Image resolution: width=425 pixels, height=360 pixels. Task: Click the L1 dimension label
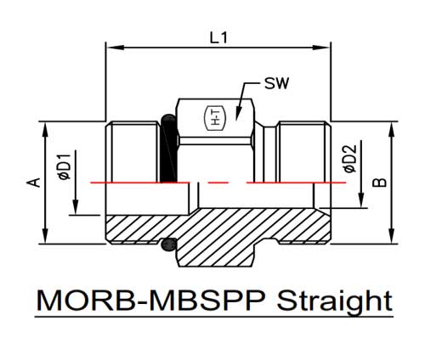click(218, 37)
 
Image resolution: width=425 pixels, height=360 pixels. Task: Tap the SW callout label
click(276, 83)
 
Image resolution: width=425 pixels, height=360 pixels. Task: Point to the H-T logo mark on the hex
click(216, 118)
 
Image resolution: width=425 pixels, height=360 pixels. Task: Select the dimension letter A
click(34, 183)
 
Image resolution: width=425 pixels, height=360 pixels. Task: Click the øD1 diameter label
click(64, 167)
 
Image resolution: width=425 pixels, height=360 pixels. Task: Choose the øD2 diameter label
click(350, 159)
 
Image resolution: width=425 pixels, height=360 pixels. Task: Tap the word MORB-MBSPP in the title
click(151, 301)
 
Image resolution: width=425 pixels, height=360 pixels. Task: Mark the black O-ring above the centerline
click(168, 148)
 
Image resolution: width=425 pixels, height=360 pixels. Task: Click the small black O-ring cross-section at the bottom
click(169, 245)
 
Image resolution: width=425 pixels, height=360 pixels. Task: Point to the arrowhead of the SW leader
click(237, 114)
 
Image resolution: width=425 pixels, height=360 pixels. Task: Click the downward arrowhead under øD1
click(76, 207)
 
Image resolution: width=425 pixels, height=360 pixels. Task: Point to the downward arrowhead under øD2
click(361, 200)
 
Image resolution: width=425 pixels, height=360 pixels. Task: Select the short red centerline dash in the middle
click(218, 183)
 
